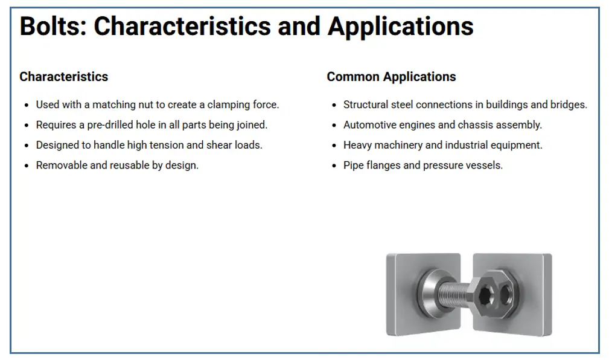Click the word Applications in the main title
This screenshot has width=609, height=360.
(400, 27)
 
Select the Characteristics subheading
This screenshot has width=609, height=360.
(64, 77)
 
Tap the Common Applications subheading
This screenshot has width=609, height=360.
(391, 77)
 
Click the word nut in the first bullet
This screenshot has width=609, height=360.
(146, 105)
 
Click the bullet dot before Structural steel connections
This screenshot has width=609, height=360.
(334, 105)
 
